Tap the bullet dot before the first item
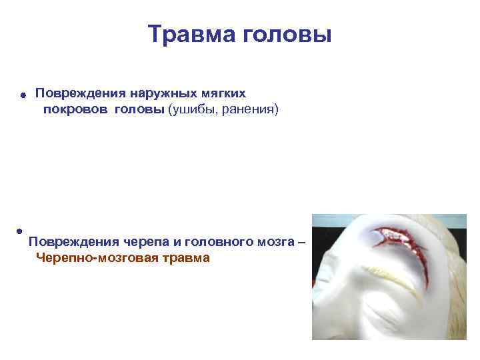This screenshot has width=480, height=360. [x=22, y=96]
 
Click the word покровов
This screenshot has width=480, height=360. [x=75, y=109]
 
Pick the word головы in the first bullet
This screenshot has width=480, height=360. [x=139, y=109]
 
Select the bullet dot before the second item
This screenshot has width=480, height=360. [x=20, y=231]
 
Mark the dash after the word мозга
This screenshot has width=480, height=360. [x=301, y=241]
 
